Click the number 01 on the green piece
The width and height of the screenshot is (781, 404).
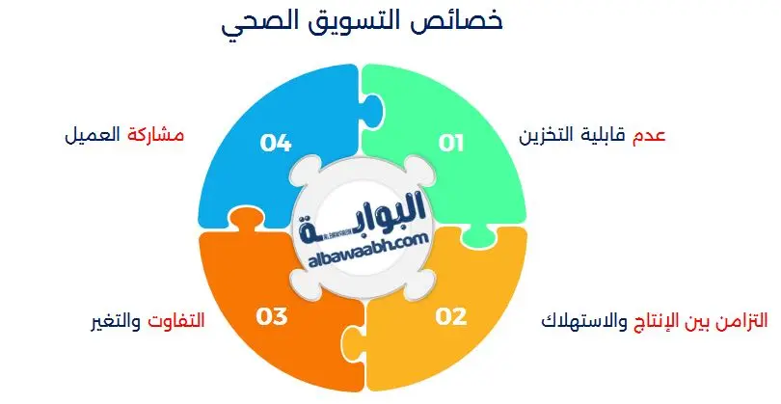(451, 144)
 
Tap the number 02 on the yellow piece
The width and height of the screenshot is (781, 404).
(451, 315)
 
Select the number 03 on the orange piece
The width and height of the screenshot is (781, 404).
(275, 315)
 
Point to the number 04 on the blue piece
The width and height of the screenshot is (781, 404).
(276, 144)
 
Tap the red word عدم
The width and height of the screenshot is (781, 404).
(648, 136)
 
